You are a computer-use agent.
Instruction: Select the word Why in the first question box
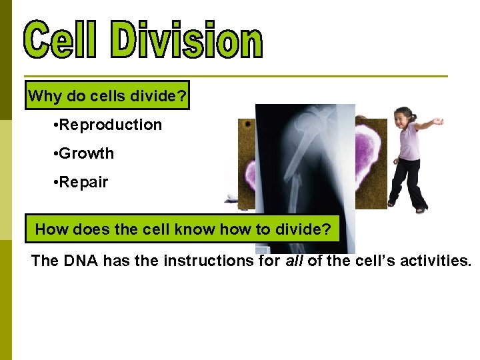pos(45,97)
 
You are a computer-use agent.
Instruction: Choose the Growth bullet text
pos(86,154)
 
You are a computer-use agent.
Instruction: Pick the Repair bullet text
pos(83,183)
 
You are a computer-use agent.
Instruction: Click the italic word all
pos(294,261)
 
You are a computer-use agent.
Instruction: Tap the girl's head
pos(403,118)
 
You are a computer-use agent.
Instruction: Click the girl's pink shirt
pos(409,143)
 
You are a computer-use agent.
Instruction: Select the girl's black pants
pos(408,183)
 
